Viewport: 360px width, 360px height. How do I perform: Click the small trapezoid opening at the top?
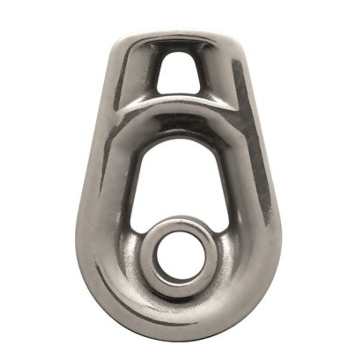point(179,72)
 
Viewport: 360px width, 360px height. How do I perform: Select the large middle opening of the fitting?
point(180,180)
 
